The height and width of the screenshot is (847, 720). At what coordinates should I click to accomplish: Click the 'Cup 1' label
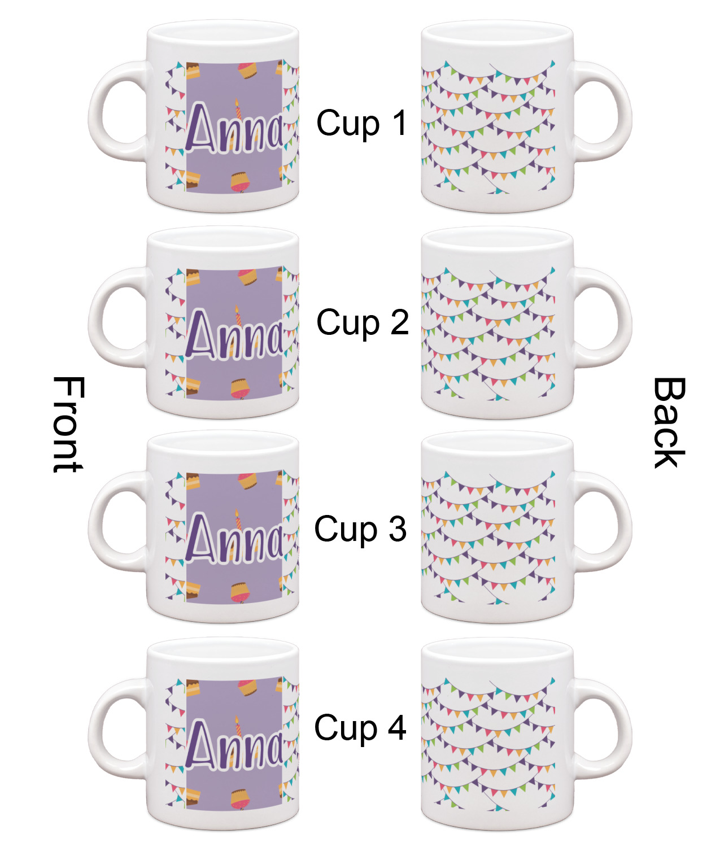pyautogui.click(x=362, y=123)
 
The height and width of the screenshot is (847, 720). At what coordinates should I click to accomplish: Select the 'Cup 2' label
pyautogui.click(x=363, y=322)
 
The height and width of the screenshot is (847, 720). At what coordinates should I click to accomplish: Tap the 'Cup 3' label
pyautogui.click(x=360, y=529)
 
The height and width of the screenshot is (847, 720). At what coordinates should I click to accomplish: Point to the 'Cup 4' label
pyautogui.click(x=360, y=728)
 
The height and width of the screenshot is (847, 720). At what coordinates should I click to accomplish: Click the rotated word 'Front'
pyautogui.click(x=68, y=424)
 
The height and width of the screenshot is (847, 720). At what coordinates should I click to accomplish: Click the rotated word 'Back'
pyautogui.click(x=669, y=422)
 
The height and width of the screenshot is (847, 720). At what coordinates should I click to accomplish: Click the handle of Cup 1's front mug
pyautogui.click(x=118, y=111)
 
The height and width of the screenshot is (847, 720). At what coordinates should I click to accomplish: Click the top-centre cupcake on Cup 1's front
pyautogui.click(x=247, y=69)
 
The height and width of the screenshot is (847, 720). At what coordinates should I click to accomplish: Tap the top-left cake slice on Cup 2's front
pyautogui.click(x=193, y=277)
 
